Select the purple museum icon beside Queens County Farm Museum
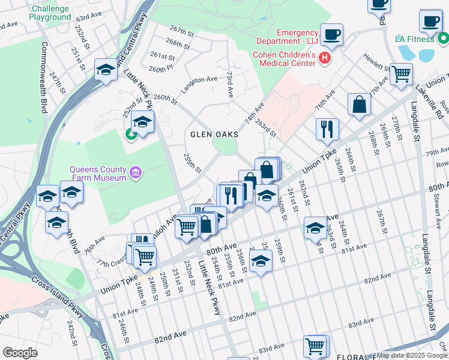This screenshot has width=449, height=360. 136,174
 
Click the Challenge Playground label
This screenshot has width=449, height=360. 50,13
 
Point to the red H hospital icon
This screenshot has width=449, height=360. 325,58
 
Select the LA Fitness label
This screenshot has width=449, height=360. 414,39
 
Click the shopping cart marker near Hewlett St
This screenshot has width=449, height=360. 400,74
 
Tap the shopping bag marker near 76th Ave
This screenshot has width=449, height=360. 358,104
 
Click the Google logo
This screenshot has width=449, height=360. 20,353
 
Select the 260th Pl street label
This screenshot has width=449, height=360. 161,70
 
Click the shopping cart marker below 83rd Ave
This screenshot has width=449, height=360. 315,346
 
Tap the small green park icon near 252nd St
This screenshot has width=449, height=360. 131,133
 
